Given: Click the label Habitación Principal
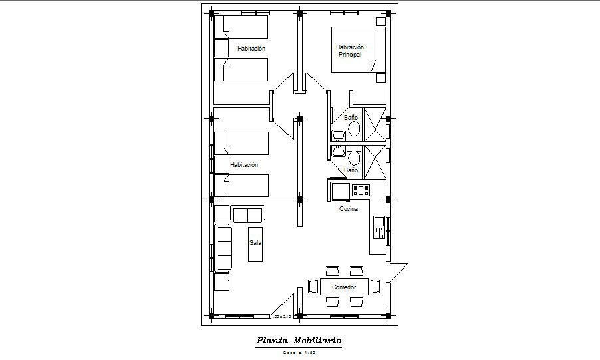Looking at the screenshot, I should (350, 51).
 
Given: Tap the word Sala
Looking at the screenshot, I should (255, 243).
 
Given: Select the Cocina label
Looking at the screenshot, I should (349, 208).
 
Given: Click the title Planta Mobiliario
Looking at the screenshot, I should (299, 341).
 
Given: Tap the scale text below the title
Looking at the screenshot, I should (299, 352).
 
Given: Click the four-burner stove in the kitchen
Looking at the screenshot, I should (361, 190).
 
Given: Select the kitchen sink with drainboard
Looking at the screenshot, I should (378, 227).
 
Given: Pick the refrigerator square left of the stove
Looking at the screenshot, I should (341, 192).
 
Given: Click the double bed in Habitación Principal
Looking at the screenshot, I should (359, 49).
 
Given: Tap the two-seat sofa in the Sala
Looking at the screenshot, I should (247, 214).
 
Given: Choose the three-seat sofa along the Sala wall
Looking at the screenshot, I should (222, 248).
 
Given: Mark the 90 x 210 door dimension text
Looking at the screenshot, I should (283, 316).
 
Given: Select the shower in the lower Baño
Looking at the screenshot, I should (375, 162).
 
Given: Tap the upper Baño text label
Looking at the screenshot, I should (351, 117).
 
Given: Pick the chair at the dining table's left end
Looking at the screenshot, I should (313, 287).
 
